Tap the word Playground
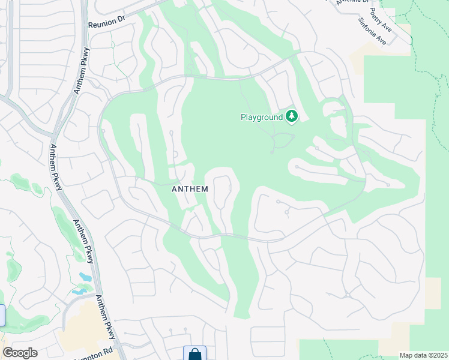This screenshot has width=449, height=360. click(x=261, y=117)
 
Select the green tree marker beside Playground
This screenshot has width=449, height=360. click(x=292, y=116)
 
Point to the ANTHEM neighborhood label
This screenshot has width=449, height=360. click(x=190, y=189)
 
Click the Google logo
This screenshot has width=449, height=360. click(x=20, y=353)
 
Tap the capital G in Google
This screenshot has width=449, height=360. click(x=7, y=353)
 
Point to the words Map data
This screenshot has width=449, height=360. click(x=414, y=355)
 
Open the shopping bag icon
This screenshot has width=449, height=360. click(x=194, y=354)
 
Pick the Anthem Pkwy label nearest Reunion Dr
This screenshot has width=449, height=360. click(x=80, y=70)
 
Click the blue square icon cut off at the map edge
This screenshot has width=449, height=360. click(x=2, y=316)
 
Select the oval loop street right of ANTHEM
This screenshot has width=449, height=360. click(x=223, y=190)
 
